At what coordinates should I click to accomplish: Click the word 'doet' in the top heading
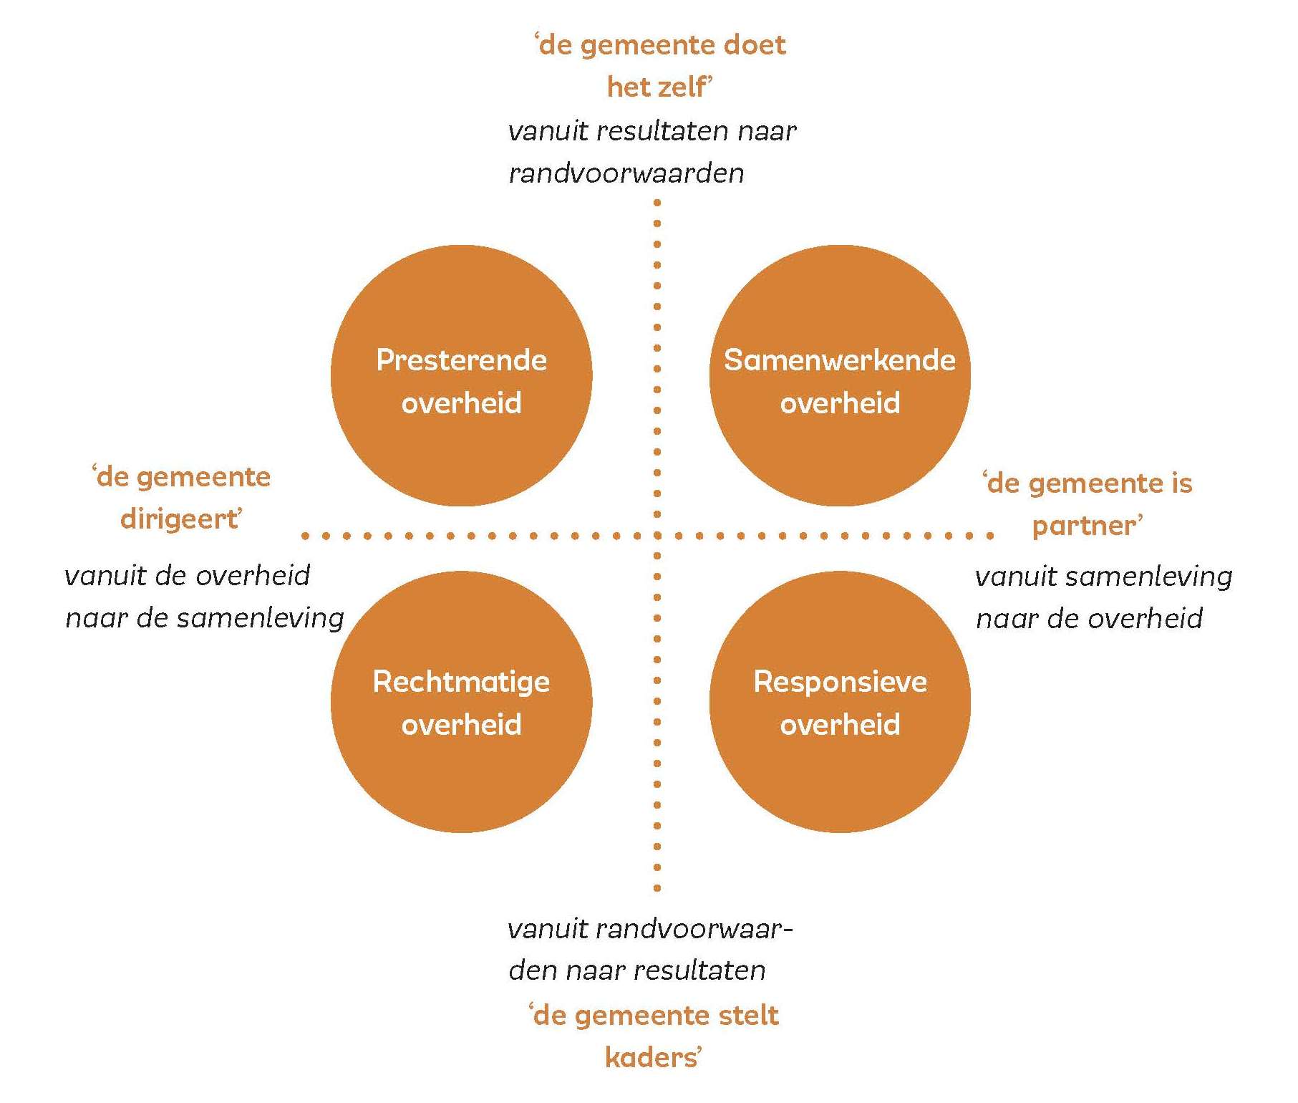click(x=755, y=45)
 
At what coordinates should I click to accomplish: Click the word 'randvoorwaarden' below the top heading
click(x=626, y=173)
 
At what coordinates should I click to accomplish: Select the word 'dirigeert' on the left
click(x=180, y=519)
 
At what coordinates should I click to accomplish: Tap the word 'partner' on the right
click(x=1085, y=526)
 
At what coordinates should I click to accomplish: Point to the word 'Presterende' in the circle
click(x=461, y=360)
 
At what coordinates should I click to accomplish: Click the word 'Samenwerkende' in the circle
click(x=840, y=360)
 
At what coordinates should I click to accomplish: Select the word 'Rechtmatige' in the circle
click(x=461, y=682)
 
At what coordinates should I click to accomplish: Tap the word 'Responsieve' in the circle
click(x=840, y=682)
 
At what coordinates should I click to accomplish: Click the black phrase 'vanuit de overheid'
click(x=188, y=576)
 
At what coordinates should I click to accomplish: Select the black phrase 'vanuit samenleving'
click(x=1103, y=577)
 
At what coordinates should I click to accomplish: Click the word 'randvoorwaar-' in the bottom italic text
click(x=694, y=929)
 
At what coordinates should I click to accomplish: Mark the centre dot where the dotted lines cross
click(x=657, y=535)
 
